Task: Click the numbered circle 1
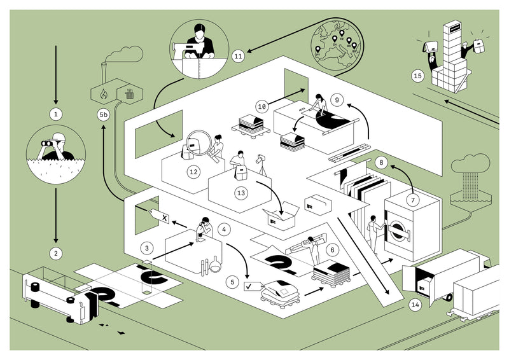tap(56, 114)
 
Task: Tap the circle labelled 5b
tap(104, 116)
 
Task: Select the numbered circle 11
tap(239, 56)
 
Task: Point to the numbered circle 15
tap(417, 76)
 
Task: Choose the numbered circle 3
tap(147, 247)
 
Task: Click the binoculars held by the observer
tap(48, 144)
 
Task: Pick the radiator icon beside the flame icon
tap(129, 95)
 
